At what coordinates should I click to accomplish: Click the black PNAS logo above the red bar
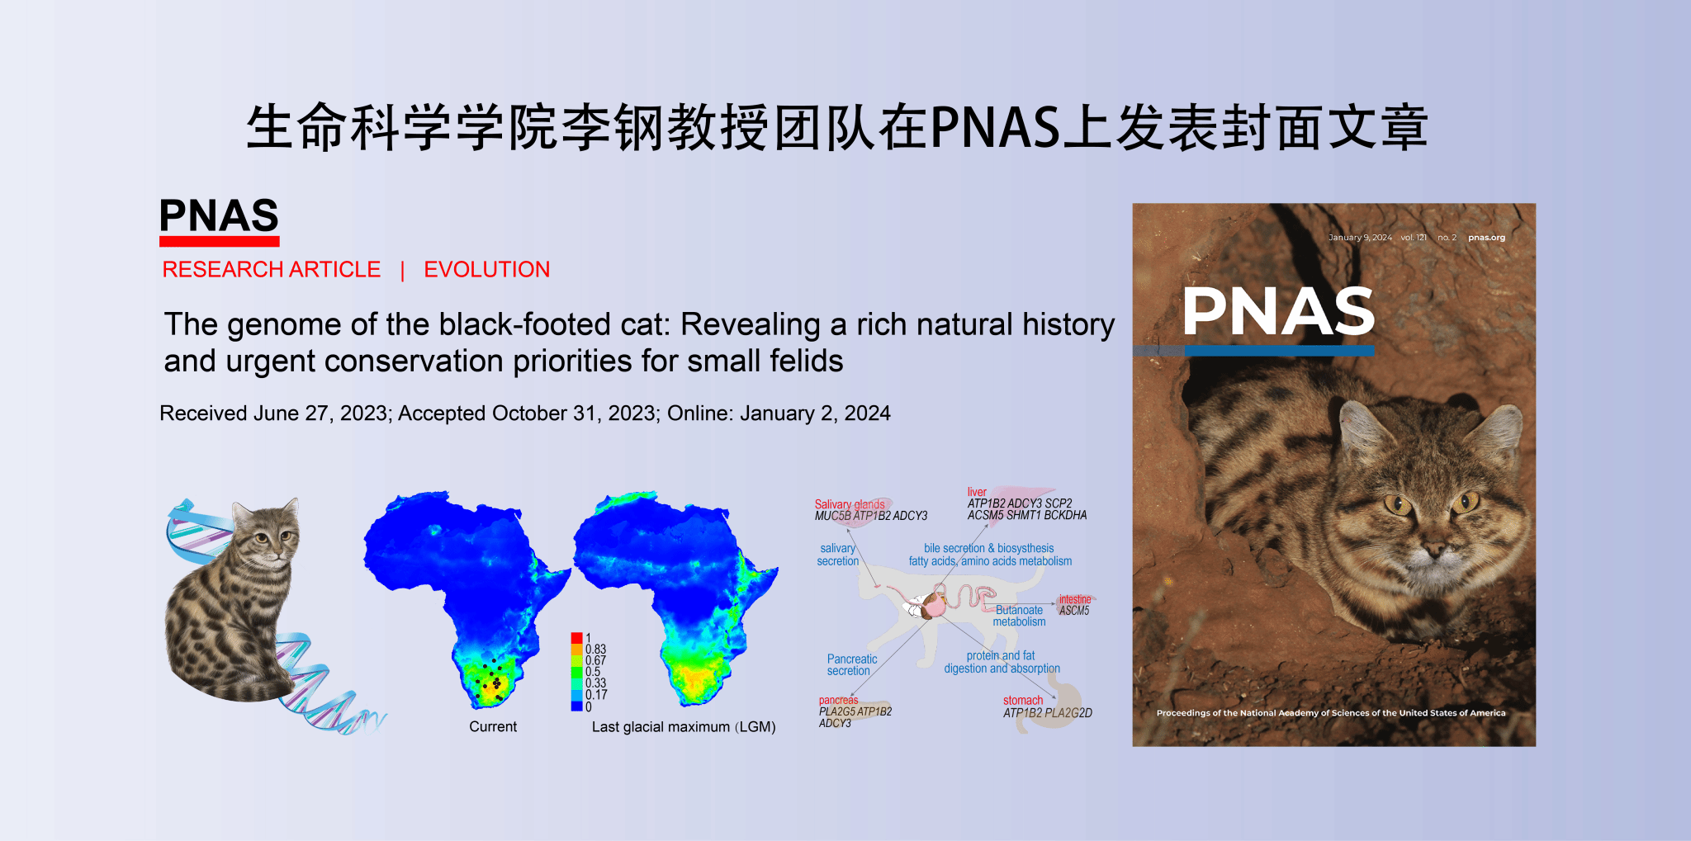[219, 215]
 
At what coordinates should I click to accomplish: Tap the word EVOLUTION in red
[486, 270]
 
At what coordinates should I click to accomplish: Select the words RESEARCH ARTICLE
[271, 270]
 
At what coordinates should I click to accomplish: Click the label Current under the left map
[493, 727]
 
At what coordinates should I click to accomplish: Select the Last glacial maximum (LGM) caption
[684, 727]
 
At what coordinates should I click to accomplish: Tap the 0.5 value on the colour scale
[593, 672]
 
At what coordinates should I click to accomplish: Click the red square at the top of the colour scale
[576, 638]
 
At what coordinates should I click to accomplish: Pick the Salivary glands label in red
[849, 504]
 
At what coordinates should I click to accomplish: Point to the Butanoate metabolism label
[1019, 616]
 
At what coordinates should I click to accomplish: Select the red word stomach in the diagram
[1022, 701]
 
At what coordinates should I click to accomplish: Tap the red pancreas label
[838, 700]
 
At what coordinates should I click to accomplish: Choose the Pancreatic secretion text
[851, 665]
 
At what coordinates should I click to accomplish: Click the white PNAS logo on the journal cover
[1278, 311]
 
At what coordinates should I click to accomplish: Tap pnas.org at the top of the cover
[1486, 238]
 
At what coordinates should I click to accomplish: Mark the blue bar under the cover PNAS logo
[1279, 351]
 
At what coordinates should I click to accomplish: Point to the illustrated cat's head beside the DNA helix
[264, 534]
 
